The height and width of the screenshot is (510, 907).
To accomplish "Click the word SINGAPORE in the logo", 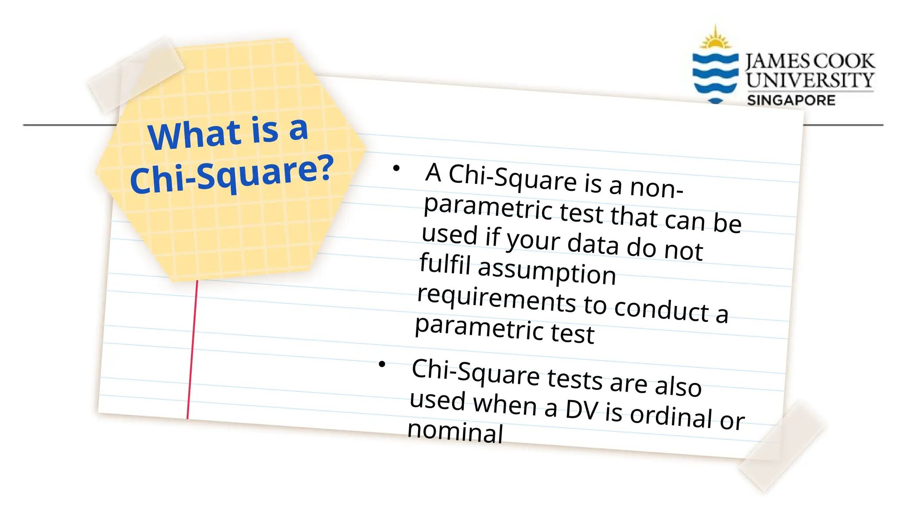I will point(791,100).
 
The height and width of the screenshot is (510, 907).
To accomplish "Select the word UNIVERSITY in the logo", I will point(810,80).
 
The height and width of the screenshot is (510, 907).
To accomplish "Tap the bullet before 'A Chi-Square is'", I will point(396,168).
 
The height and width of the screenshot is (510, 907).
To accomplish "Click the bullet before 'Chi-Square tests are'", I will point(382,364).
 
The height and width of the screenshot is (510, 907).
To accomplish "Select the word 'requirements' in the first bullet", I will point(496,300).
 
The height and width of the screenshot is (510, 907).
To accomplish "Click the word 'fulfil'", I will point(445,264).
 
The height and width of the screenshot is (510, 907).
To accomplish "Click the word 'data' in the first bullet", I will point(593,244).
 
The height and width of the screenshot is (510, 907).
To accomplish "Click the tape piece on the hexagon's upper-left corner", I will point(136,73).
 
